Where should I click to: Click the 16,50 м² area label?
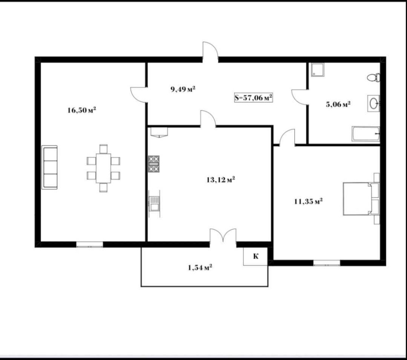[82, 110]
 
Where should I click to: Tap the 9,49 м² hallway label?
[183, 89]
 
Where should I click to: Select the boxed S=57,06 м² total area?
[254, 98]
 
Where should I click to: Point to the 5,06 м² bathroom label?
[338, 104]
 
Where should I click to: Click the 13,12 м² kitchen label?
[221, 180]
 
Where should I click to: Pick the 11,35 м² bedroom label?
[309, 201]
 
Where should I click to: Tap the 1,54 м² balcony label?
[200, 267]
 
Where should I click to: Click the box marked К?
[256, 256]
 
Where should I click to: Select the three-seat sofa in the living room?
[49, 167]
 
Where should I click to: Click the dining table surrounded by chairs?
[103, 168]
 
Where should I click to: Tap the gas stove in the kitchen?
[154, 164]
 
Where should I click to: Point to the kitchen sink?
[154, 204]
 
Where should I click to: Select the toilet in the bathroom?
[374, 77]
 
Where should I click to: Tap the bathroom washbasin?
[374, 103]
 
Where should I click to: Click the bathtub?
[366, 134]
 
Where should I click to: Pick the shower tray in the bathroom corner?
[318, 70]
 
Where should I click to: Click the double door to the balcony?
[223, 235]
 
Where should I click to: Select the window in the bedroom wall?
[327, 263]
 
